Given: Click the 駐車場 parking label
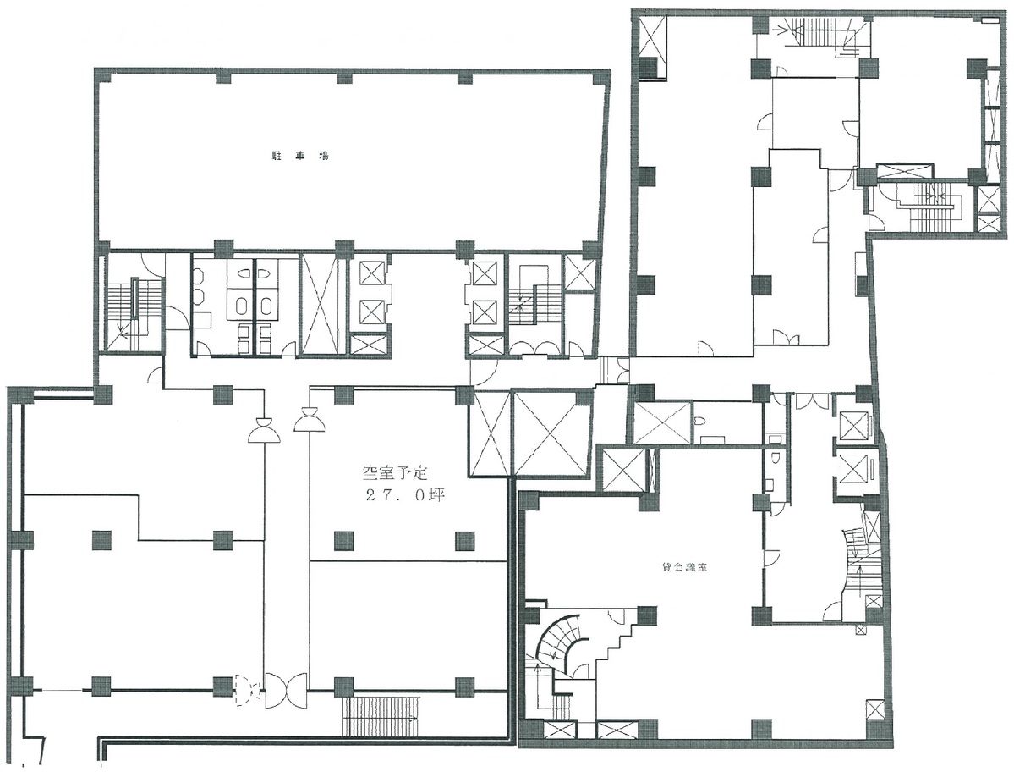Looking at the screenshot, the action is pos(299,156).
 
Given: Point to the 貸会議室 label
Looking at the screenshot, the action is pos(683,567).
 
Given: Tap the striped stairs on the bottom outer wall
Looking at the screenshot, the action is pos(381,715).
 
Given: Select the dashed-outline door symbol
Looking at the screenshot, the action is pos(246,690).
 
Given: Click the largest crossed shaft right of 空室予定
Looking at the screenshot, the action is pos(551,433).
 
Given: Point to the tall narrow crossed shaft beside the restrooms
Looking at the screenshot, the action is pos(321,305).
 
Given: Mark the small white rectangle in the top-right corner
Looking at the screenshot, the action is pos(990,21).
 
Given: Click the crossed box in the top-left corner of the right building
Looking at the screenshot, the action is pos(650,37).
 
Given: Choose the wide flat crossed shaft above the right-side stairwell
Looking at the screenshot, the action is pos(904,172).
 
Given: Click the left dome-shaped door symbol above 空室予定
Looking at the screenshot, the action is pos(264,430).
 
